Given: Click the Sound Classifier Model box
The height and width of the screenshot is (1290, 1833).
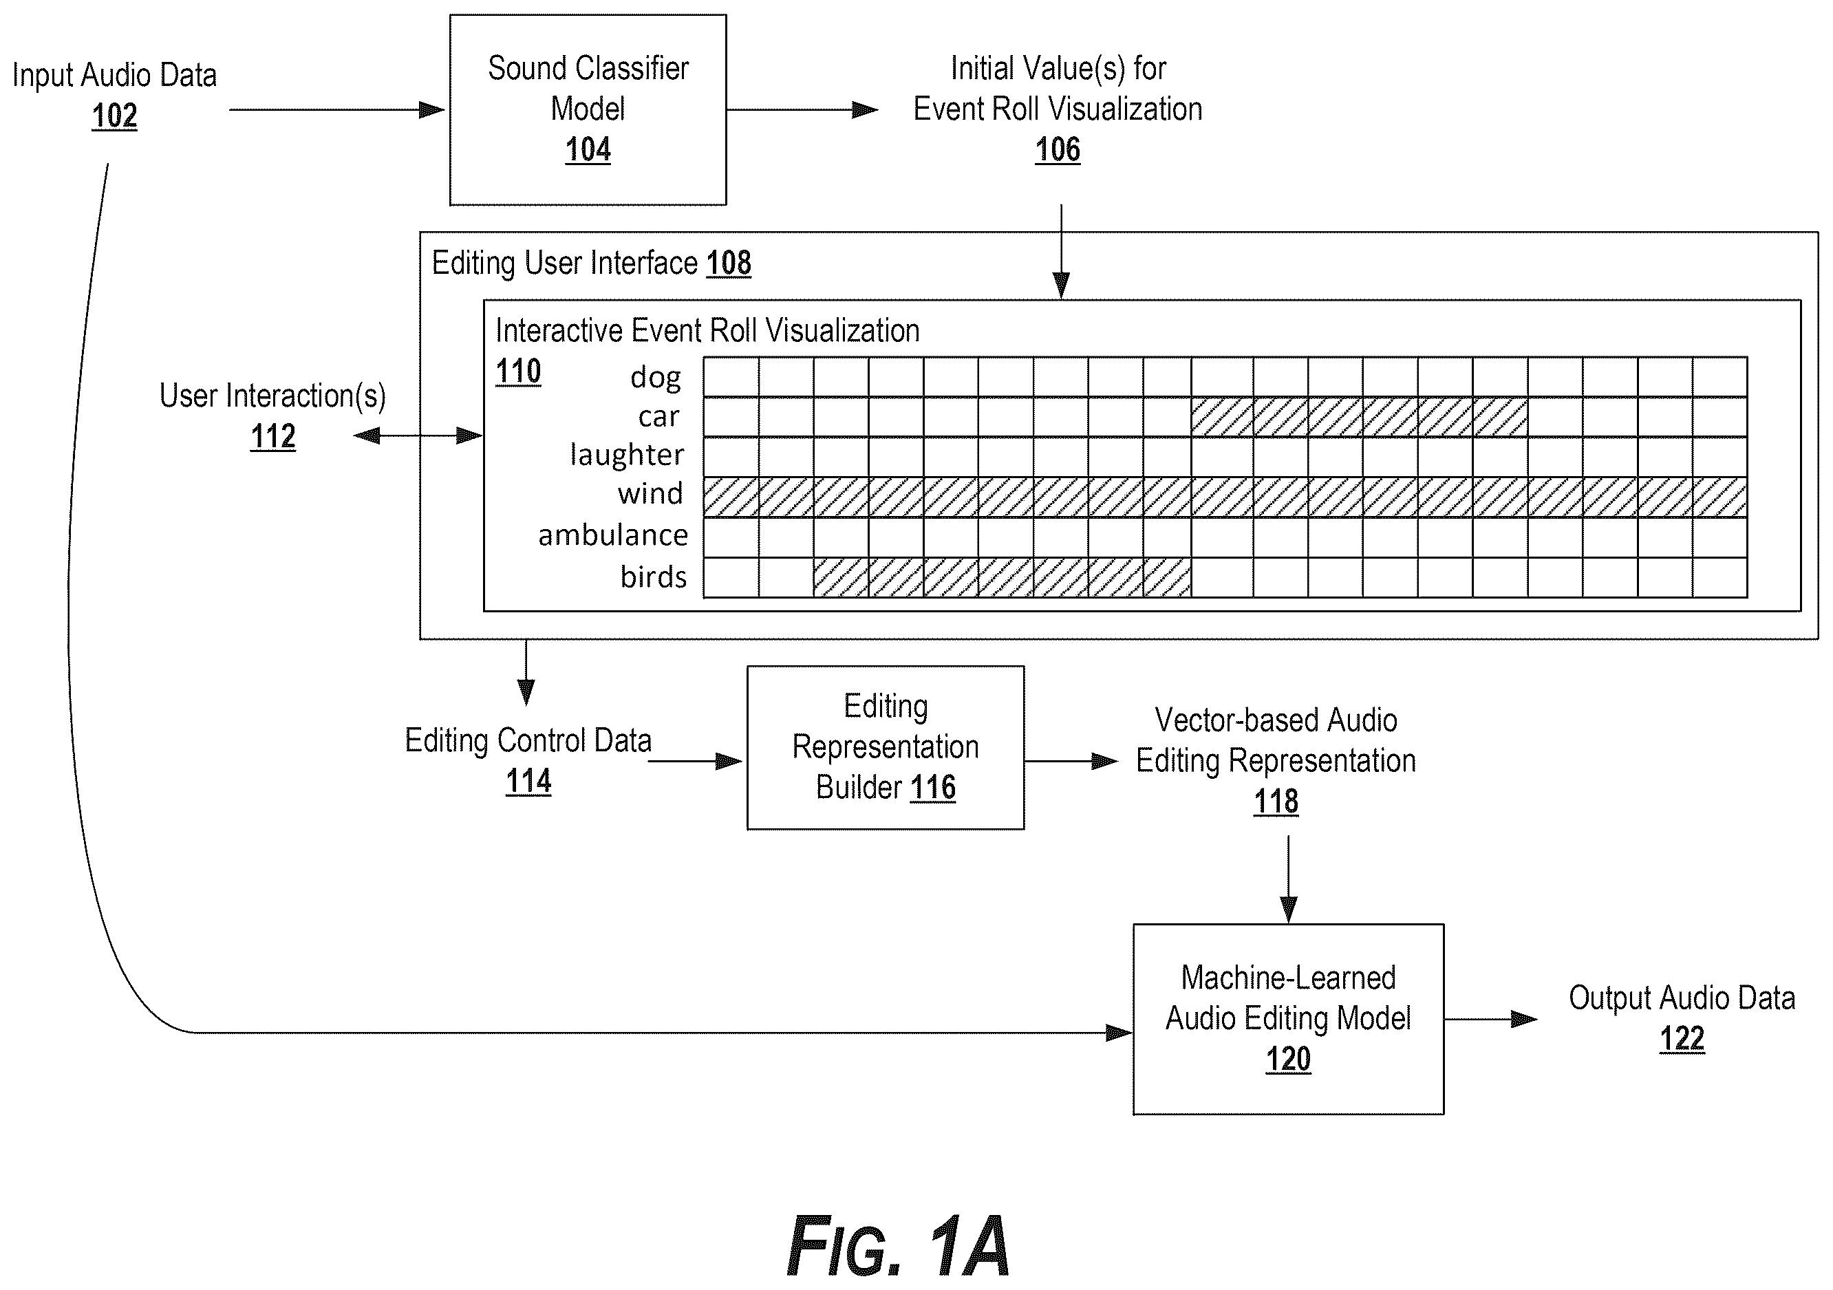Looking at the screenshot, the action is point(588,109).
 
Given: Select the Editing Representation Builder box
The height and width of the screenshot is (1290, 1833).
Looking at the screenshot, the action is point(886,747).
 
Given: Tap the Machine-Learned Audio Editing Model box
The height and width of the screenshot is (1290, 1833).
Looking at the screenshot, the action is point(1288,1019).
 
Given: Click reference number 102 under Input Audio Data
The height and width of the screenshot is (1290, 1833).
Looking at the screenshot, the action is point(114,116).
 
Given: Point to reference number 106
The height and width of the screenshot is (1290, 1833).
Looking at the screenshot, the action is point(1058,149).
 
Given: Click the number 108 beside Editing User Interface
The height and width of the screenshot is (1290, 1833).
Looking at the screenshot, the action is point(729,263).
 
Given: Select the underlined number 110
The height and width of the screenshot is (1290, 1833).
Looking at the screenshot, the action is point(518,372).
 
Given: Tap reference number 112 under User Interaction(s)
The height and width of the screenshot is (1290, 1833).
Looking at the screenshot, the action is point(273,436).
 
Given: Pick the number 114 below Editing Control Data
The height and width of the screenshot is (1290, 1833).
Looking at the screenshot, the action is point(528,781).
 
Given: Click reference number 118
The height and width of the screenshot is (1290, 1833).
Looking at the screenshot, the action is point(1276,801).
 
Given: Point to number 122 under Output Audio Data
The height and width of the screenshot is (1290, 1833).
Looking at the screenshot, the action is point(1682,1039).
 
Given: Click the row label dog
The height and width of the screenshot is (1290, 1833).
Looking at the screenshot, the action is point(656,378).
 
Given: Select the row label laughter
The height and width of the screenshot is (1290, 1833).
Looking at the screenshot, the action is point(627,454).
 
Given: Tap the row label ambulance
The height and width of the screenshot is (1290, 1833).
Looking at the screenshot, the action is point(613,535).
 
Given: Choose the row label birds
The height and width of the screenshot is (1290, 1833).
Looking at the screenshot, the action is point(654,577).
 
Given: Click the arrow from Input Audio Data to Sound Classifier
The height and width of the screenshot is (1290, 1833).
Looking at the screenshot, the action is point(337,109).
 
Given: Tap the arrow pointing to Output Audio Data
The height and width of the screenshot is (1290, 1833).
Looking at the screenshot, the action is point(1490,1019).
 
